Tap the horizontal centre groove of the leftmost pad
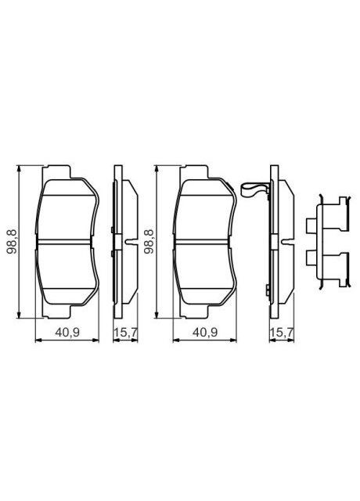(67, 240)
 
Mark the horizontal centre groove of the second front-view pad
(204, 240)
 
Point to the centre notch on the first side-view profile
(125, 241)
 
